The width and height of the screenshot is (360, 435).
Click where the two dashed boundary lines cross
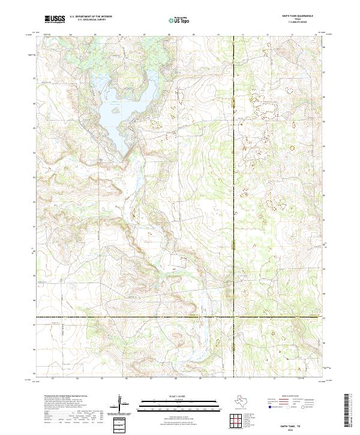tap(233, 317)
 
